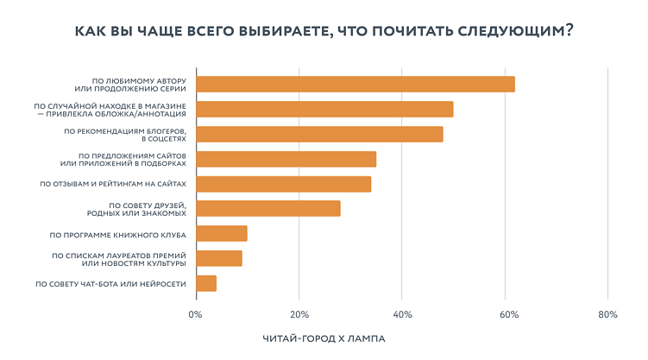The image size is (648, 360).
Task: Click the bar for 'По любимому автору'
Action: click(355, 84)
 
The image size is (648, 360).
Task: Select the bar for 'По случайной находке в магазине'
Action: click(324, 109)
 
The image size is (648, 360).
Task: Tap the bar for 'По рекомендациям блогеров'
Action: click(319, 134)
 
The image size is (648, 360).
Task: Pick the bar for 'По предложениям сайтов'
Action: click(286, 159)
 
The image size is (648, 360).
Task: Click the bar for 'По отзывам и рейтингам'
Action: click(284, 184)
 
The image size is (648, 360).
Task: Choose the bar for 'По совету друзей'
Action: click(268, 208)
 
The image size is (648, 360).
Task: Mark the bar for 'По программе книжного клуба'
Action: click(222, 233)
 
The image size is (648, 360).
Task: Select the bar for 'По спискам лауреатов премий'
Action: click(219, 258)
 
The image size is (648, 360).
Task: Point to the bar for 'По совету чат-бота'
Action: click(206, 283)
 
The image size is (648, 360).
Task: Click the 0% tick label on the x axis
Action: click(196, 314)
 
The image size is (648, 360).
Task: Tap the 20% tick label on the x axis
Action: click(299, 314)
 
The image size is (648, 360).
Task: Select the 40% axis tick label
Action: click(401, 314)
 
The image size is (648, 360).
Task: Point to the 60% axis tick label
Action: click(505, 314)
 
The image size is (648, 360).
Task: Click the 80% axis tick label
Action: click(607, 314)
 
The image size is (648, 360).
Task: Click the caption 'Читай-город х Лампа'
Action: click(324, 338)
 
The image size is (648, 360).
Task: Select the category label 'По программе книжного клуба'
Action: click(117, 234)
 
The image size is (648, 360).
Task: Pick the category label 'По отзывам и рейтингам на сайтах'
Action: click(113, 184)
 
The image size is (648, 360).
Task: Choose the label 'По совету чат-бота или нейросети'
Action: click(110, 283)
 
